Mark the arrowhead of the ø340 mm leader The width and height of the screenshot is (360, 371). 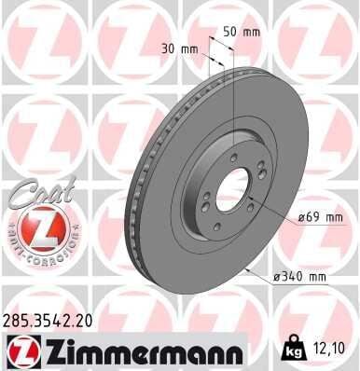click(244, 268)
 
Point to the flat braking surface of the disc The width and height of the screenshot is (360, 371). click(280, 121)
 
